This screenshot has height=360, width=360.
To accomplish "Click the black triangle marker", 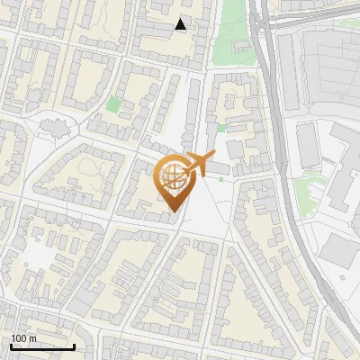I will click(181, 25).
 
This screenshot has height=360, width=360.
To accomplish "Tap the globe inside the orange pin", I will click(170, 175).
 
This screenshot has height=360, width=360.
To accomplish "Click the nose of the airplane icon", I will click(212, 157).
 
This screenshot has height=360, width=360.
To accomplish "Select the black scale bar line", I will click(41, 347).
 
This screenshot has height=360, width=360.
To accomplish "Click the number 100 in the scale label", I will click(19, 338).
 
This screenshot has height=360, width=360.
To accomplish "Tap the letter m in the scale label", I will click(32, 338).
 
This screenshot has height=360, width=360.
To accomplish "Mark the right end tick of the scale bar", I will click(74, 346).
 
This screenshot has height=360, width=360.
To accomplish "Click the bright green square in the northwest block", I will click(113, 104).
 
